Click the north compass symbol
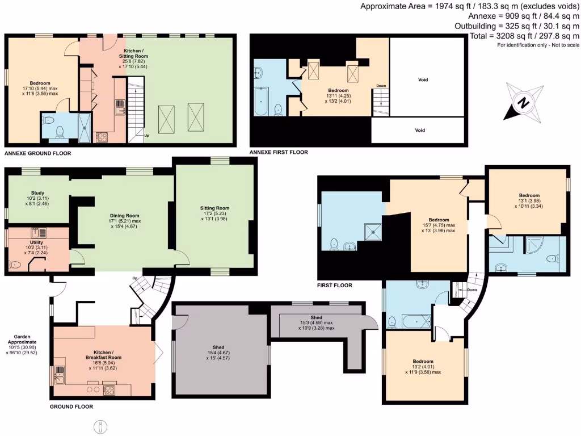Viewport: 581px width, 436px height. pos(524,102)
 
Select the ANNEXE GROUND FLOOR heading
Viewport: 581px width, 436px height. pos(37,153)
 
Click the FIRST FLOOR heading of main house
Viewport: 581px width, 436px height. pos(335,286)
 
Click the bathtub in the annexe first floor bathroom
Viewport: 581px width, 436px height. pos(262,102)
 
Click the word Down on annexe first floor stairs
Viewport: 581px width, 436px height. pos(380,86)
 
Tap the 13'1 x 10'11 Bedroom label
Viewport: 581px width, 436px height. pos(529,198)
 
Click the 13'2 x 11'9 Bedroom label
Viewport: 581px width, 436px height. pos(423,367)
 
